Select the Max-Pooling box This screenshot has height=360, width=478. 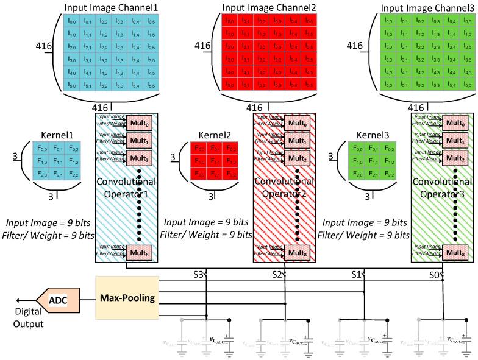126,298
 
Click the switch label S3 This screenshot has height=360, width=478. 198,275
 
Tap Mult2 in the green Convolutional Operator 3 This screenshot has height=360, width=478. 458,159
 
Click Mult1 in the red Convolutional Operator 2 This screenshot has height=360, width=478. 299,141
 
